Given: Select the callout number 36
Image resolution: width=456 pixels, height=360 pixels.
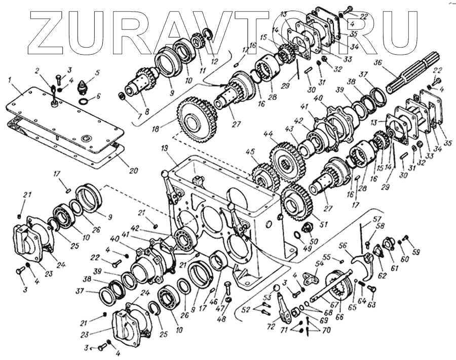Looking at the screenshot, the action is [376, 63].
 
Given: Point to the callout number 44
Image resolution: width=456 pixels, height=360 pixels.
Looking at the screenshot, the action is [267, 135].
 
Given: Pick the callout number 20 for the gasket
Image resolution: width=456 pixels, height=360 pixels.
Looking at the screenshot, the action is [133, 171].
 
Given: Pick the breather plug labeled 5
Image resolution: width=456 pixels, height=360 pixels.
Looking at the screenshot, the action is [82, 89].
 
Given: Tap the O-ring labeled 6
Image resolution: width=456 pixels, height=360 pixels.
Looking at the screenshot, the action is [84, 102].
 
